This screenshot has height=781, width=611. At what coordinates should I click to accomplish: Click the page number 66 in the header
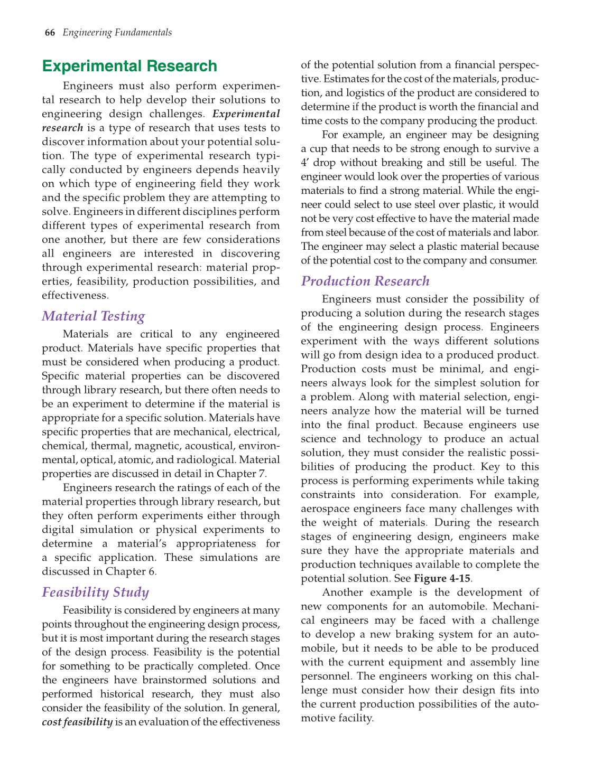point(50,33)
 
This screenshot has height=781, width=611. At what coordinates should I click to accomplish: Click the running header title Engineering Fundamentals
point(117,33)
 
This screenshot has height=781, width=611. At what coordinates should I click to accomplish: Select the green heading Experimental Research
point(129,66)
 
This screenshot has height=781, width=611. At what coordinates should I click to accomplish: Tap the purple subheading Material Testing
point(93,316)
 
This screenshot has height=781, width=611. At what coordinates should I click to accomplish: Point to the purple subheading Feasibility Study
point(95,592)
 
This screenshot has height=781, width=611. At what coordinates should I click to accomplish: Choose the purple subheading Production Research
point(365,281)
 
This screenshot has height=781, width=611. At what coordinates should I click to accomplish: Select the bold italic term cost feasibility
point(77,722)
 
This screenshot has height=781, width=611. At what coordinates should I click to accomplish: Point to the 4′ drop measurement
point(318,163)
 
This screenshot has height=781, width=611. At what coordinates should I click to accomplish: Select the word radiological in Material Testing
point(207,459)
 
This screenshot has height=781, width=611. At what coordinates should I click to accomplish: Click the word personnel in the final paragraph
point(323,676)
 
